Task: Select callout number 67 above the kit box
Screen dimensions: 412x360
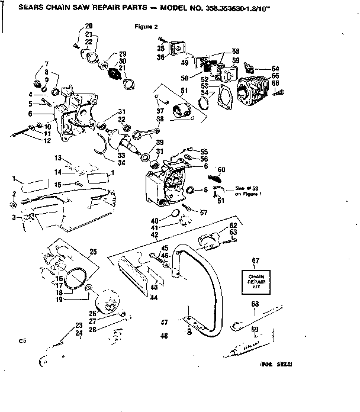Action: point(255,260)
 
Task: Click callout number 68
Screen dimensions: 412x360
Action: point(255,304)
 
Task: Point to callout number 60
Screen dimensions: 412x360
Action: point(222,169)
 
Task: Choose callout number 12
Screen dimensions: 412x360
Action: point(47,140)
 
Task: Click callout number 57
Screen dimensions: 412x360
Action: point(204,211)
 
